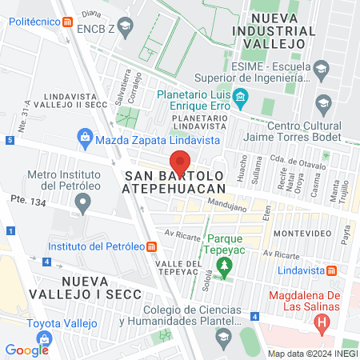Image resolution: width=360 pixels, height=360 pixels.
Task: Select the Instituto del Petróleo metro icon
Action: point(152,246)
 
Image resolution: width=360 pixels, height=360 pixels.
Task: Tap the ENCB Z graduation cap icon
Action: point(125,27)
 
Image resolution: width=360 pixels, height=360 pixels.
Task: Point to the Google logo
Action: point(26,350)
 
